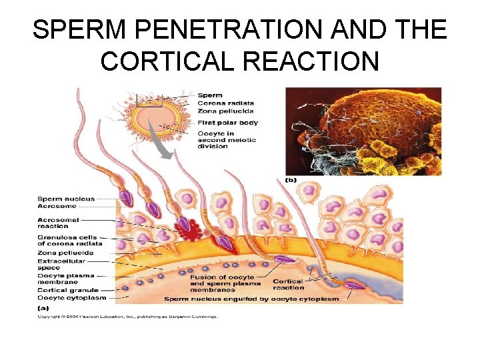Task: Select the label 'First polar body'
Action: tap(227, 123)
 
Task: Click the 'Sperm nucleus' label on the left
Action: tap(66, 199)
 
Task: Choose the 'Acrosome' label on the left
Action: tap(57, 206)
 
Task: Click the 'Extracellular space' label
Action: tap(58, 265)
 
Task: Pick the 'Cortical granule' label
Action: tap(67, 290)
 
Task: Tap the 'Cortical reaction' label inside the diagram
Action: tap(289, 284)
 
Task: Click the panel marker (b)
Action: tap(291, 179)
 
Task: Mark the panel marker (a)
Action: tap(43, 307)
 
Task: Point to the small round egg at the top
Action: tap(158, 116)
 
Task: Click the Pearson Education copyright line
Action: tap(127, 316)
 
